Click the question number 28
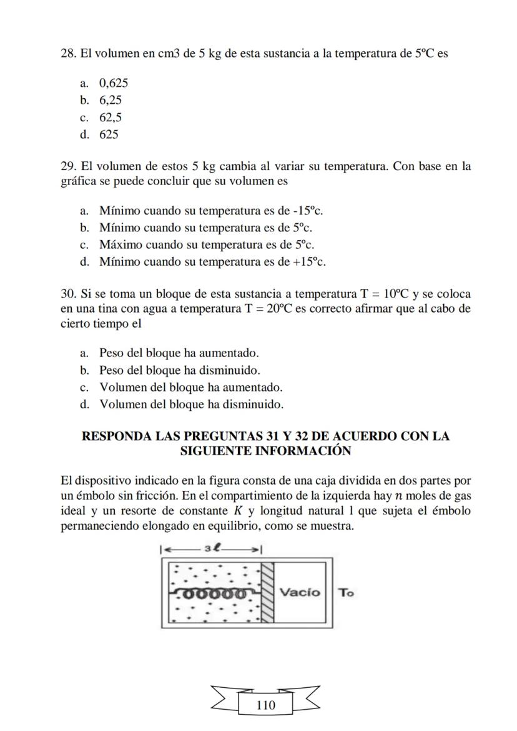click(x=67, y=54)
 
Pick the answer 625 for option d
click(x=109, y=134)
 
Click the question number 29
click(x=67, y=166)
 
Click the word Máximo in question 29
click(x=121, y=245)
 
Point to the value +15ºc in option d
click(x=309, y=261)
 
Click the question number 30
click(x=67, y=294)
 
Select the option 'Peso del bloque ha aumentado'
click(x=179, y=353)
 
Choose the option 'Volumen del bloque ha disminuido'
click(x=191, y=404)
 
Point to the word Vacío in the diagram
click(x=299, y=592)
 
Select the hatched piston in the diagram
click(x=267, y=592)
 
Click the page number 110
click(x=265, y=705)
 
